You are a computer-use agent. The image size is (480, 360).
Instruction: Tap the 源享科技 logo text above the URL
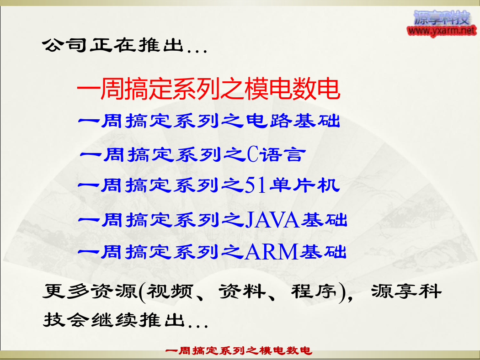click(442, 18)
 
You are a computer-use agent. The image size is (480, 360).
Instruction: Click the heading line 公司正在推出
click(125, 45)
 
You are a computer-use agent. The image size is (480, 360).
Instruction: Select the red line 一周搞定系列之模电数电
click(208, 88)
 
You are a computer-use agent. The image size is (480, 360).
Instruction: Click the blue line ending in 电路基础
click(209, 121)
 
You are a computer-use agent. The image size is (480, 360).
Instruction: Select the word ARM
click(272, 252)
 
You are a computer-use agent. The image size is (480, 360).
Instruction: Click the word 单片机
click(304, 185)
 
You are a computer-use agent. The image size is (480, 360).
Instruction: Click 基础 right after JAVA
click(324, 220)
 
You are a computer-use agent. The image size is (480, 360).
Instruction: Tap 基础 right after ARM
click(323, 252)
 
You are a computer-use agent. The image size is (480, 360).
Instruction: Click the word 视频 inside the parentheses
click(170, 291)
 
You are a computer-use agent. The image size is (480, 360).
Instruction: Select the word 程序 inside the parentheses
click(314, 291)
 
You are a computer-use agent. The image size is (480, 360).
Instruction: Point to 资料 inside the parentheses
click(242, 291)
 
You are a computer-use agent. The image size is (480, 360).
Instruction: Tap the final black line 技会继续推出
click(126, 320)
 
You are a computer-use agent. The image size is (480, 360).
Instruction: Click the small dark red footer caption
click(239, 350)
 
